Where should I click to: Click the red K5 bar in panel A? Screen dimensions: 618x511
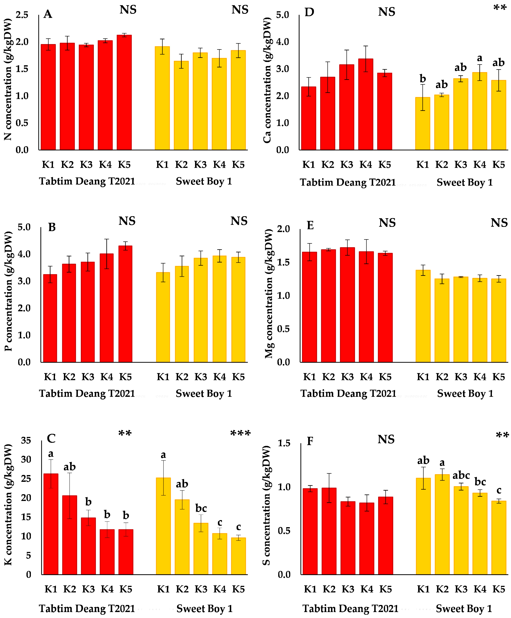click(x=124, y=93)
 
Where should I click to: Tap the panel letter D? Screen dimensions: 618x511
click(x=309, y=12)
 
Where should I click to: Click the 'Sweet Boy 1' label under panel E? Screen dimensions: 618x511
click(x=465, y=393)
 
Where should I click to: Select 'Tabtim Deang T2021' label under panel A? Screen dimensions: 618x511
click(x=87, y=181)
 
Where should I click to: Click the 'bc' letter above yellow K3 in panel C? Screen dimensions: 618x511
click(x=201, y=508)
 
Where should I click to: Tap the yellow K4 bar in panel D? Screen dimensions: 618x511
click(x=480, y=111)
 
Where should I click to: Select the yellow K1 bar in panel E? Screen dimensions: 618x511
click(x=423, y=316)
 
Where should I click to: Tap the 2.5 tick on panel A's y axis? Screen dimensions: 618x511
click(x=22, y=15)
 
